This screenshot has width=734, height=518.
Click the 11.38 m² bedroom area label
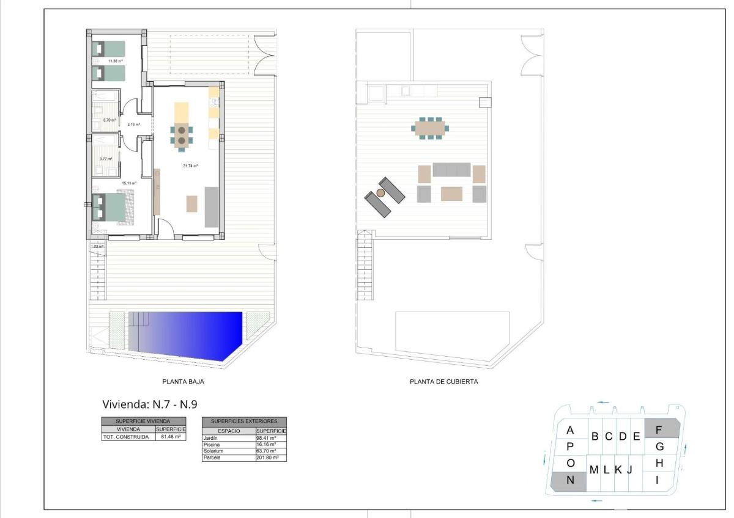tap(116, 61)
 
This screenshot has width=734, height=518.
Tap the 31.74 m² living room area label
tap(191, 166)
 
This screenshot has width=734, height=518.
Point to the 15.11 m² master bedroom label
tap(128, 183)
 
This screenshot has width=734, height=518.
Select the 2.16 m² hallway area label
tap(133, 125)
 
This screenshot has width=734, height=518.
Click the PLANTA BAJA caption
tap(183, 382)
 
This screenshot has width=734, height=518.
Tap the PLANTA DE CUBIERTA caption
tap(443, 382)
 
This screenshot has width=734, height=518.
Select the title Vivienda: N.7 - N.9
tap(149, 404)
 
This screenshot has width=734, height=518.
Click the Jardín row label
tap(210, 438)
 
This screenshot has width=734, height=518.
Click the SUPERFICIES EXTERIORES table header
tap(244, 421)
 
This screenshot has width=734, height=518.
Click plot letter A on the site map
tap(570, 429)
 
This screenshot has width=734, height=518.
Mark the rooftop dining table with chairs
tap(431, 128)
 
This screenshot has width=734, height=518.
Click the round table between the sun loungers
tap(380, 193)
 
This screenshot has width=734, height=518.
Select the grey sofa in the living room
tap(212, 206)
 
